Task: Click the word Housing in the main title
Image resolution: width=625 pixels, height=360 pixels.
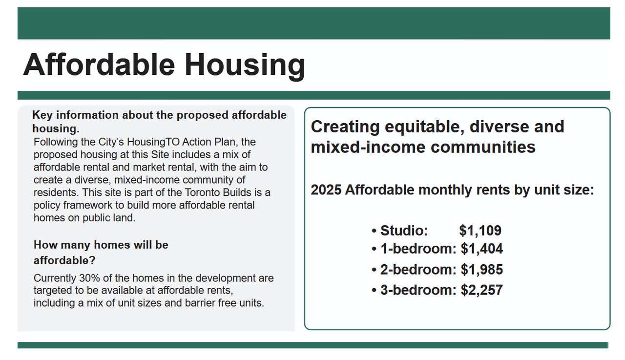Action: point(245,65)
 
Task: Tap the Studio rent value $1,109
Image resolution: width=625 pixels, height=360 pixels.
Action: point(480,231)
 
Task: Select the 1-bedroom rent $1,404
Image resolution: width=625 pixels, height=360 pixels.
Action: point(481,249)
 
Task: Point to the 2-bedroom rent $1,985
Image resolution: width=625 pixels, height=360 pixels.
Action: point(481,270)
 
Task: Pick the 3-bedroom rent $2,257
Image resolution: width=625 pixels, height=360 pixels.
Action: point(481,290)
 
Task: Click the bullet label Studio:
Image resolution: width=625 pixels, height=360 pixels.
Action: point(404,231)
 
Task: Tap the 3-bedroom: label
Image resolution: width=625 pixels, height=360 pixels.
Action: point(418,290)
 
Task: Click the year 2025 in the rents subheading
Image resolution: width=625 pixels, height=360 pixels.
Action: point(326,190)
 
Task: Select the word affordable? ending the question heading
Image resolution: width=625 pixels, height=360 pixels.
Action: point(64,261)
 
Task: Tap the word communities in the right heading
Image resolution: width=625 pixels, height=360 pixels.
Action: point(483,147)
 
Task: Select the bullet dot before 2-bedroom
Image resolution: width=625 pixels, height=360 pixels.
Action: point(374,270)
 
